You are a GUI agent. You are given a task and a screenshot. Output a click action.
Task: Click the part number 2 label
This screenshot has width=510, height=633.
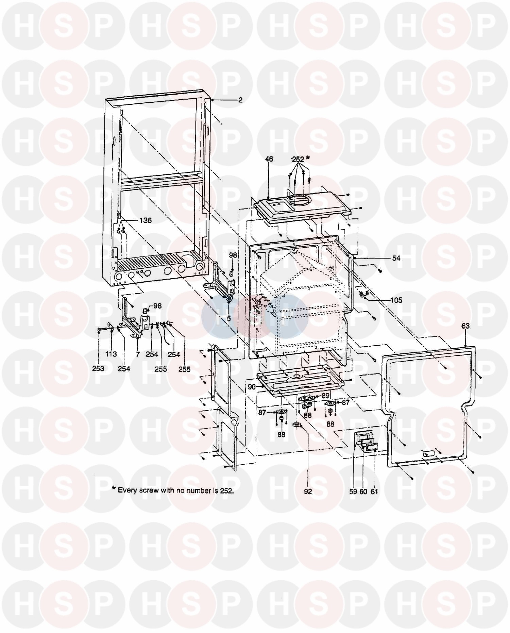(240, 100)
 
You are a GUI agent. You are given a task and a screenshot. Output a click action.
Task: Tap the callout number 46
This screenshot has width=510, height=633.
(269, 159)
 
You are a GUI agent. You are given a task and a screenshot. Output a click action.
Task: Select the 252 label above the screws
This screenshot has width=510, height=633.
(298, 159)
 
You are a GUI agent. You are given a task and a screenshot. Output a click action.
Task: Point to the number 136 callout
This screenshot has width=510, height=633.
(145, 220)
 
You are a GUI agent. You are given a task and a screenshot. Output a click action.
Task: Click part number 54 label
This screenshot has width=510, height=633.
(396, 258)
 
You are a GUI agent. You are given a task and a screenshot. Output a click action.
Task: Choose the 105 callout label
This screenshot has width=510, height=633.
(396, 300)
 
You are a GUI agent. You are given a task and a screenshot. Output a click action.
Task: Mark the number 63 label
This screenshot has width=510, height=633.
(465, 326)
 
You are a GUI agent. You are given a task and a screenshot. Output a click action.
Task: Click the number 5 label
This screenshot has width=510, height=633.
(228, 318)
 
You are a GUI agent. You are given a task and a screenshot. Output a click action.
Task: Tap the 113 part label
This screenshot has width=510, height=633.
(111, 354)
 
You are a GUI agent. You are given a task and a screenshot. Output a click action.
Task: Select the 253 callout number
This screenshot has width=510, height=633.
(98, 369)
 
